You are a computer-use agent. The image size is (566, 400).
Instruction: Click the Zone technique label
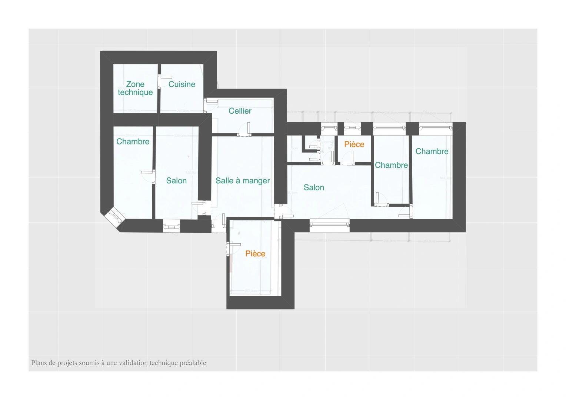[135, 88]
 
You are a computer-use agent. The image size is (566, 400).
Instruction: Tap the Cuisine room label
[182, 84]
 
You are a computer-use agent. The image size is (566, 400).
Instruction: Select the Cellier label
[240, 111]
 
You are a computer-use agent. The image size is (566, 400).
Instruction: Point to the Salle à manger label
[243, 181]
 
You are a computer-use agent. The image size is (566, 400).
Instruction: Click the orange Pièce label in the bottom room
[255, 254]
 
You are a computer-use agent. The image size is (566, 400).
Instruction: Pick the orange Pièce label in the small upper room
[354, 144]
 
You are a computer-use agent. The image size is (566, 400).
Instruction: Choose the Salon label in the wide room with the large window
[314, 187]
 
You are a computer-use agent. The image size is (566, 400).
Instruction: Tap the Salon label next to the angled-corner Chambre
[176, 181]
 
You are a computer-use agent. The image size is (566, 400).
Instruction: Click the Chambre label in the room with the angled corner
[133, 141]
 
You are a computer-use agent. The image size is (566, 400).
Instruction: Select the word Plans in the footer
[39, 363]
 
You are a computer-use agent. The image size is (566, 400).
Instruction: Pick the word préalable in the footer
[193, 363]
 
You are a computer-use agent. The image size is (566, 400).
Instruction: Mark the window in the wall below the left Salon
[172, 226]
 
